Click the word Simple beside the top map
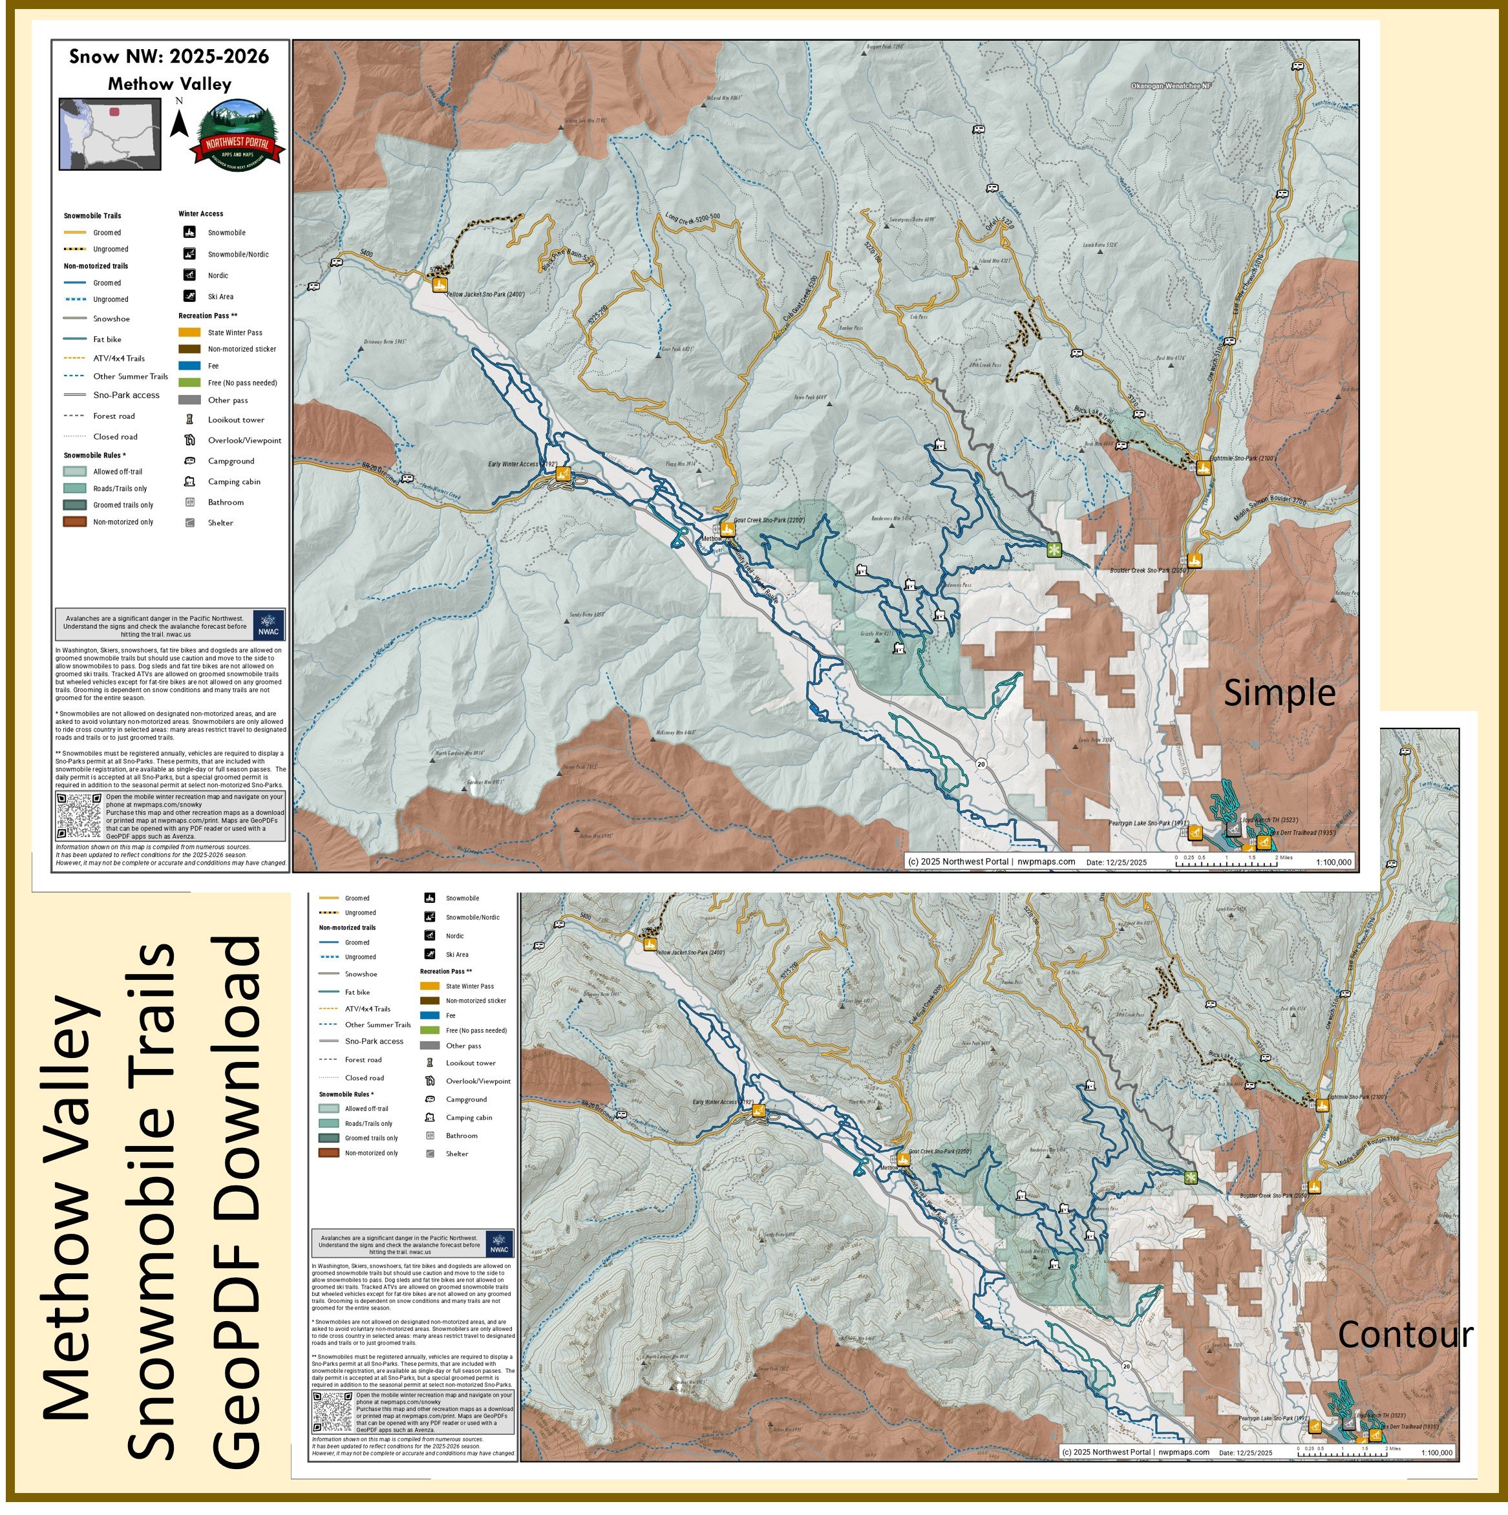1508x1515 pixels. pyautogui.click(x=1279, y=694)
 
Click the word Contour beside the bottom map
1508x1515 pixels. pyautogui.click(x=1405, y=1335)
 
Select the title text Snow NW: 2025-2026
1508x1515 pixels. pyautogui.click(x=169, y=56)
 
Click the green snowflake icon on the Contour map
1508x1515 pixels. pyautogui.click(x=1191, y=1177)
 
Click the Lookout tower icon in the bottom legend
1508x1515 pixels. pyautogui.click(x=430, y=1063)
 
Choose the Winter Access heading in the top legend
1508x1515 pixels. pyautogui.click(x=201, y=214)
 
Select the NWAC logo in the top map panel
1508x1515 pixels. pyautogui.click(x=269, y=624)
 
